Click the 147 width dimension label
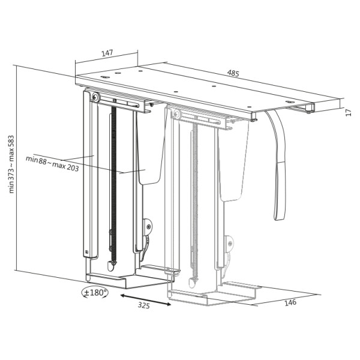107,53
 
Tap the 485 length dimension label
233,74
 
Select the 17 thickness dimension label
349,112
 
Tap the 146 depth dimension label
290,302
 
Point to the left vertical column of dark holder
88,180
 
